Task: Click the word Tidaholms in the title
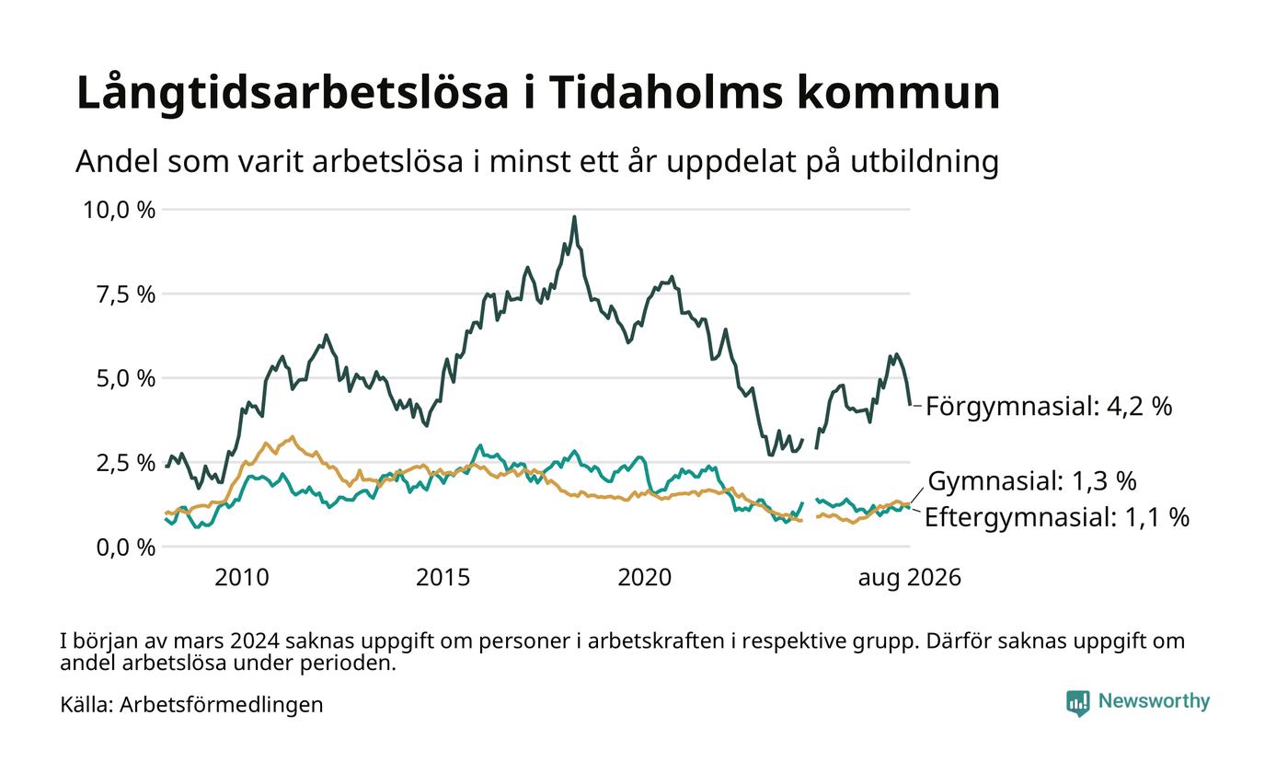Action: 666,92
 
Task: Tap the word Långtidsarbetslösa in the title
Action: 293,94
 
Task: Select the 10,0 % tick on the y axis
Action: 120,210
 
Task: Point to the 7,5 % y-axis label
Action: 126,294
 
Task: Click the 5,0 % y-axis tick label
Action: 126,379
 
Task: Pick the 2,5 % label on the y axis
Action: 126,463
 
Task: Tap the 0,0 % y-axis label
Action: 126,548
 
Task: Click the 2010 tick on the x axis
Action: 242,578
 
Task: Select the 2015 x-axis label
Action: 443,578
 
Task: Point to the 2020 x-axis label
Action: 645,578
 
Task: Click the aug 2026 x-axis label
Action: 910,578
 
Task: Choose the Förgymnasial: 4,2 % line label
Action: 1049,407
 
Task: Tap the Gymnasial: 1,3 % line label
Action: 1032,480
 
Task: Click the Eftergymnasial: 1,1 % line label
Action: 1057,517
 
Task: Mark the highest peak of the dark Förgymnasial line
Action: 574,217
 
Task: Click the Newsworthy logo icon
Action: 1078,703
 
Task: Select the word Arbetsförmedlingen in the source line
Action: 222,705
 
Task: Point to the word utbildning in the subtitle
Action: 924,162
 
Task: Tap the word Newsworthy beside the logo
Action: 1154,701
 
